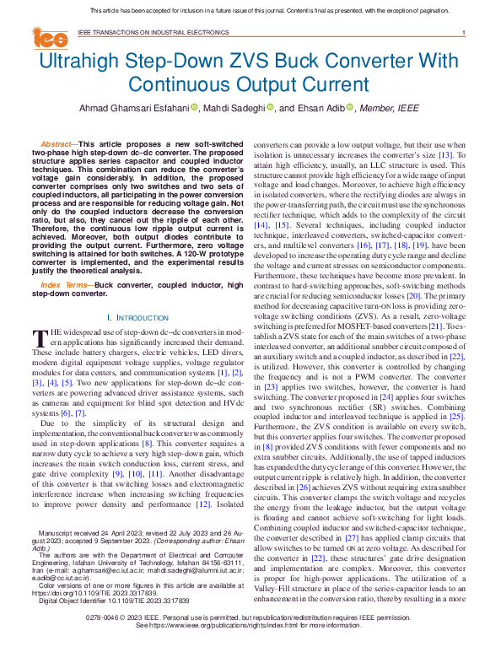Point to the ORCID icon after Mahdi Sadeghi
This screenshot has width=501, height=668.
tap(271, 109)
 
